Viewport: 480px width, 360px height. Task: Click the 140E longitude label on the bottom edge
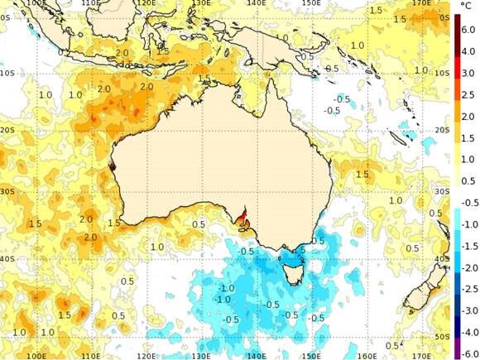pos(258,356)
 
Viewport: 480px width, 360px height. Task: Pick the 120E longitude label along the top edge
pos(146,3)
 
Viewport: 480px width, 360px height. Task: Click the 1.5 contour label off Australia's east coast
pos(362,175)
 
